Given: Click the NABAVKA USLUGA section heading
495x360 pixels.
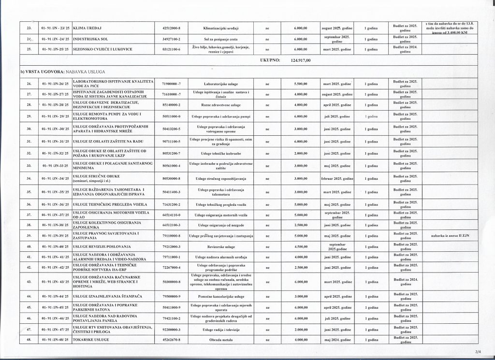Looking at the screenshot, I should coord(58,72).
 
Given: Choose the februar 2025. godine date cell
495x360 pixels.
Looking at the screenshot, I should coord(337,178).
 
